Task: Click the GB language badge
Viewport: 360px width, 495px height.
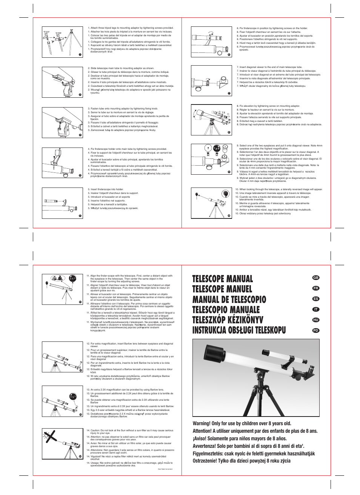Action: click(316, 278)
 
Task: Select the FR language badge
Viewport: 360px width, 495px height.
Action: click(316, 288)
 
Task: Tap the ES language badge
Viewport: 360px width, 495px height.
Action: click(316, 299)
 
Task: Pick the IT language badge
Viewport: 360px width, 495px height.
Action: click(316, 309)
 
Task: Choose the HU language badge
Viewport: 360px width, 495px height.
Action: click(316, 320)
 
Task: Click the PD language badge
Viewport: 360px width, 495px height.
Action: click(316, 331)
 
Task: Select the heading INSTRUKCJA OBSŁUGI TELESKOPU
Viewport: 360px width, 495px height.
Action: click(239, 331)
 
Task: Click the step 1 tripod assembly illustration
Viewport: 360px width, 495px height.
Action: click(62, 42)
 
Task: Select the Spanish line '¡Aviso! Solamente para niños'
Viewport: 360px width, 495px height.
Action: click(240, 439)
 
